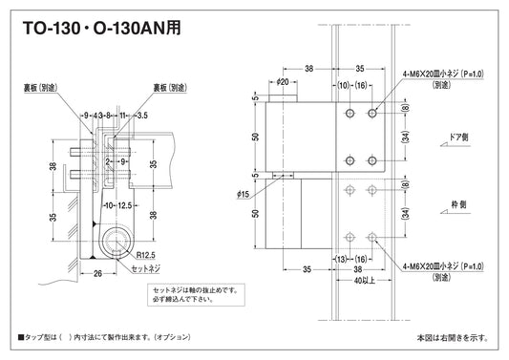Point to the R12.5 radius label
coord(145,254)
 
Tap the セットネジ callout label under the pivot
coord(146,271)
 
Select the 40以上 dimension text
coord(361,282)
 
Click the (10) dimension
coord(342,85)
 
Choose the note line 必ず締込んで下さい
coord(192,298)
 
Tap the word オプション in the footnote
coord(173,338)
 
